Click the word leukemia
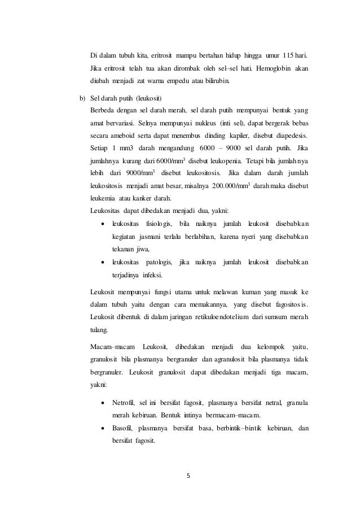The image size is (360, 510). tap(104, 199)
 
